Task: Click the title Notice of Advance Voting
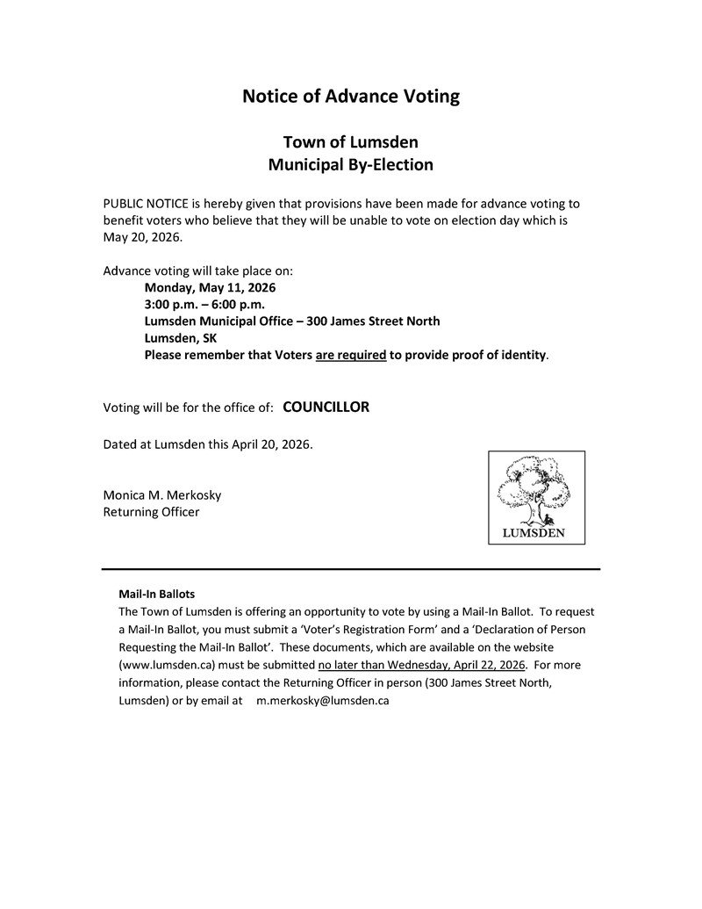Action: click(350, 97)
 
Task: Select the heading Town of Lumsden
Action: click(350, 142)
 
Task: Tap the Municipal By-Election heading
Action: click(350, 164)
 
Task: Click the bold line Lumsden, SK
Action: click(181, 338)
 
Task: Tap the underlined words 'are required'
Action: click(350, 355)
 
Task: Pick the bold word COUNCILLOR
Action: click(326, 407)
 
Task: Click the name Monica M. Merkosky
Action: click(162, 494)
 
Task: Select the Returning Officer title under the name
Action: click(151, 511)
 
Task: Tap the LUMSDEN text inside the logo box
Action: click(534, 532)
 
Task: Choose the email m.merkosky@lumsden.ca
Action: click(322, 701)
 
